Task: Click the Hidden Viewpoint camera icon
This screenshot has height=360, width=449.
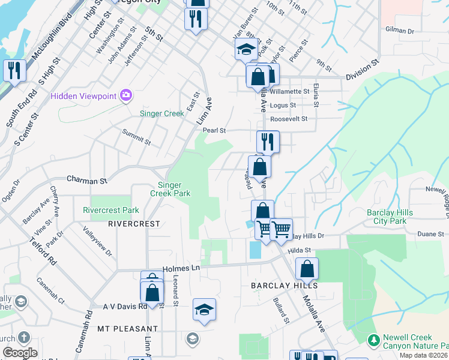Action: coord(125,95)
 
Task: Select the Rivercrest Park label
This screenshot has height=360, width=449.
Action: coord(111,210)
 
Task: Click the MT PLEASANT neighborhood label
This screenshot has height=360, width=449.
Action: coord(127,329)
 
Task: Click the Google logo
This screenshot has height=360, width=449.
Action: coord(20,353)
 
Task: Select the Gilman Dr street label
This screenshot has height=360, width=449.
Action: coord(400,30)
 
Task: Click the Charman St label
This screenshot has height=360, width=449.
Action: coord(86,179)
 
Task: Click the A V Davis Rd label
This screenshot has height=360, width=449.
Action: coord(125,306)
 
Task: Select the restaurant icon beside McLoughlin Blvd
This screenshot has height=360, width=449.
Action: coord(13,70)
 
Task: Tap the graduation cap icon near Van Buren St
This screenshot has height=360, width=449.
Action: coord(246,50)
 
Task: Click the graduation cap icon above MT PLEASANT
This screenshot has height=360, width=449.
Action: coord(204,310)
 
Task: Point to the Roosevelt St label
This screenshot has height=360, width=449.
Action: coord(288,119)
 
